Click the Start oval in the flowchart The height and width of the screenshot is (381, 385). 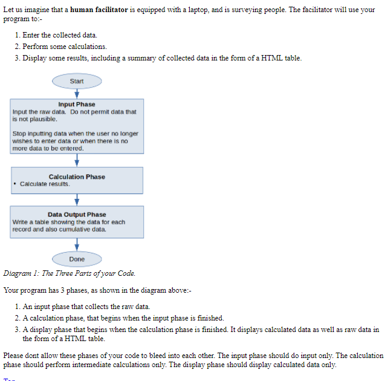point(77,81)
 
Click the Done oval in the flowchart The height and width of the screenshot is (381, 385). point(77,259)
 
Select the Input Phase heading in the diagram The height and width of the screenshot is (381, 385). point(77,105)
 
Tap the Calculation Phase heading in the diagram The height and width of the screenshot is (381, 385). point(77,177)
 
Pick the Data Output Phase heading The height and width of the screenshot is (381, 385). point(77,214)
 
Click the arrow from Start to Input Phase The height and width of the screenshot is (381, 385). point(77,93)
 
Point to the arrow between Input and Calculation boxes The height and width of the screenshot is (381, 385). point(77,160)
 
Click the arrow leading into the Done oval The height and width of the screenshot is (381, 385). point(77,245)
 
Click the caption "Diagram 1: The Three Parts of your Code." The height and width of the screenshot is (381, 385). point(69,273)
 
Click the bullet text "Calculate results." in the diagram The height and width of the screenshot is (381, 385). point(45,184)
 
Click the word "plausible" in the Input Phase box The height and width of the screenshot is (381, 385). point(45,119)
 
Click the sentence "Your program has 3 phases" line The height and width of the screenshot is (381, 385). point(97,290)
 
